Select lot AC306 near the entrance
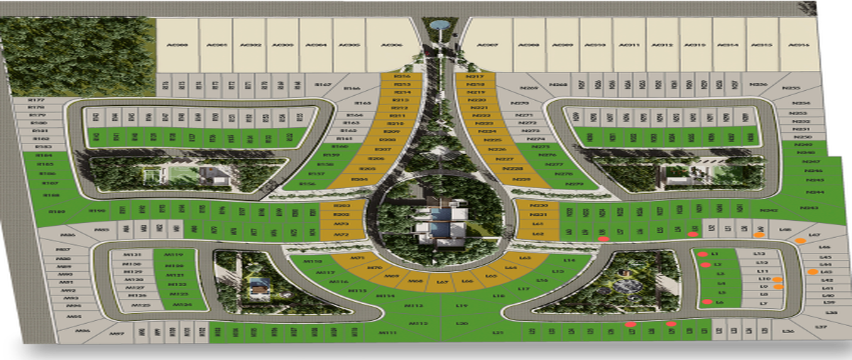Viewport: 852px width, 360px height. (x=388, y=45)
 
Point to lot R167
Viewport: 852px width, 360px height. (x=323, y=85)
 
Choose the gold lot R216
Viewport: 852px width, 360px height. (x=403, y=76)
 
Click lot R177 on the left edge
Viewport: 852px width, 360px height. (x=37, y=100)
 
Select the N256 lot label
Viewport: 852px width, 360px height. (x=758, y=84)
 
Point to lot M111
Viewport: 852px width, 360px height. (x=388, y=332)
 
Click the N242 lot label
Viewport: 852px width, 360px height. (x=769, y=210)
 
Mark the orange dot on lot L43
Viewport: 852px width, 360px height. (x=812, y=272)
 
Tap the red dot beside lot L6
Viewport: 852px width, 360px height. (x=706, y=302)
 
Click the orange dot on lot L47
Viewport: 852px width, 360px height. (x=801, y=241)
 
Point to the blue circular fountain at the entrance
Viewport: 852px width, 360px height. (x=440, y=26)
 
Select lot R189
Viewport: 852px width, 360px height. (x=57, y=212)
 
